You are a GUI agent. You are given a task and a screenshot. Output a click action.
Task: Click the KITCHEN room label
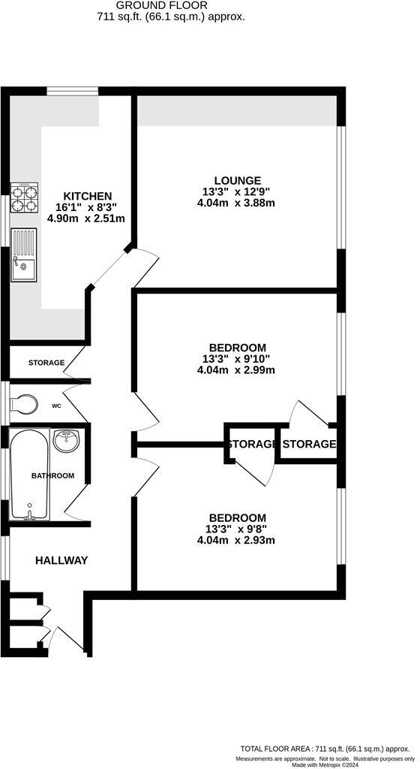pyautogui.click(x=86, y=195)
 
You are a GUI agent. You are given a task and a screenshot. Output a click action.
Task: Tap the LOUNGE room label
pyautogui.click(x=237, y=180)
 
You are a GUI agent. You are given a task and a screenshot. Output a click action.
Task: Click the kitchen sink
pyautogui.click(x=23, y=255)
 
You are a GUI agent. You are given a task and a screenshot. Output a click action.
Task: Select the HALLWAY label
pyautogui.click(x=61, y=560)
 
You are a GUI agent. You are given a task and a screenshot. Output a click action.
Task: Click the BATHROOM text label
pyautogui.click(x=52, y=475)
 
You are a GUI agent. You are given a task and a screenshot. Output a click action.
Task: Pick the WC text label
pyautogui.click(x=56, y=406)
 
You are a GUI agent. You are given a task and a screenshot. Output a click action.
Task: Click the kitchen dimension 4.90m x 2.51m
pyautogui.click(x=86, y=218)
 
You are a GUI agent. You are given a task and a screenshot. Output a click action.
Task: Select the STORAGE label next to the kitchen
pyautogui.click(x=46, y=363)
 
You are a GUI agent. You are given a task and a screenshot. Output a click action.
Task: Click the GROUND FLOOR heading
pyautogui.click(x=172, y=5)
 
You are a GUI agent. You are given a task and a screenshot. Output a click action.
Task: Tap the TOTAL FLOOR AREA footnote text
pyautogui.click(x=326, y=749)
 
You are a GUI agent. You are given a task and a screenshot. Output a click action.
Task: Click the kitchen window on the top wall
pyautogui.click(x=73, y=92)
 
